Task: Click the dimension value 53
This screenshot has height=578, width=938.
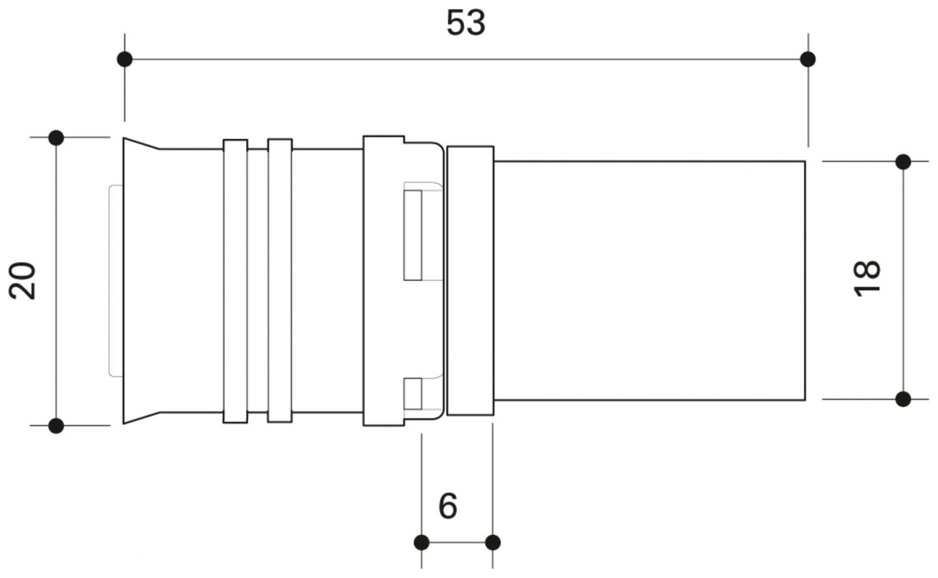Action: click(465, 23)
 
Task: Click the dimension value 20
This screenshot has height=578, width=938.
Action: click(24, 281)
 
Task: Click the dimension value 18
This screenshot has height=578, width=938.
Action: click(867, 278)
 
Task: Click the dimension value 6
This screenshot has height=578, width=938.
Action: click(448, 506)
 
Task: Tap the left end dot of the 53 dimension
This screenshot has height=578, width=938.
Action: click(125, 59)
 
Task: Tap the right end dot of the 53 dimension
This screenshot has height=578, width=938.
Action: click(807, 59)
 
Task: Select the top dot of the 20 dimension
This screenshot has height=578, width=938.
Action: click(56, 137)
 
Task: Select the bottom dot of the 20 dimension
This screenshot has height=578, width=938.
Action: click(56, 425)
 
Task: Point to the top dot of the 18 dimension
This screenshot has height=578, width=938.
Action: click(903, 162)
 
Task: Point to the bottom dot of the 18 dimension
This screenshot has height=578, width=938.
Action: click(903, 399)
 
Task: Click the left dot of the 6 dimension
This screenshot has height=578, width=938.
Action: click(421, 542)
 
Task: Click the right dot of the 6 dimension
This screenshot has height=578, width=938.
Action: click(493, 542)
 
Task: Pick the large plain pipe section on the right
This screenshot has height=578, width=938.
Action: click(649, 280)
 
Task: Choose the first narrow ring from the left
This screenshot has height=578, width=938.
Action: click(235, 281)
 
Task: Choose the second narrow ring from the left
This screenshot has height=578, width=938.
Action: click(280, 281)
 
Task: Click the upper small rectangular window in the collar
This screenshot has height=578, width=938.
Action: click(413, 234)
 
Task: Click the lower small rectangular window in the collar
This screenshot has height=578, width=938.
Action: click(413, 393)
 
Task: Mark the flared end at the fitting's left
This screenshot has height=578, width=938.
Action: click(141, 281)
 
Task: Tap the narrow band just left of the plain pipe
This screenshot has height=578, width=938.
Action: click(470, 281)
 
